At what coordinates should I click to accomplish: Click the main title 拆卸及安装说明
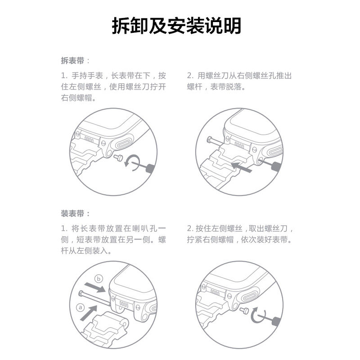point(176,26)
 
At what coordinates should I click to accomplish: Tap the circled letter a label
point(81,307)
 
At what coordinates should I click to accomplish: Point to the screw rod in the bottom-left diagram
point(94,297)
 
